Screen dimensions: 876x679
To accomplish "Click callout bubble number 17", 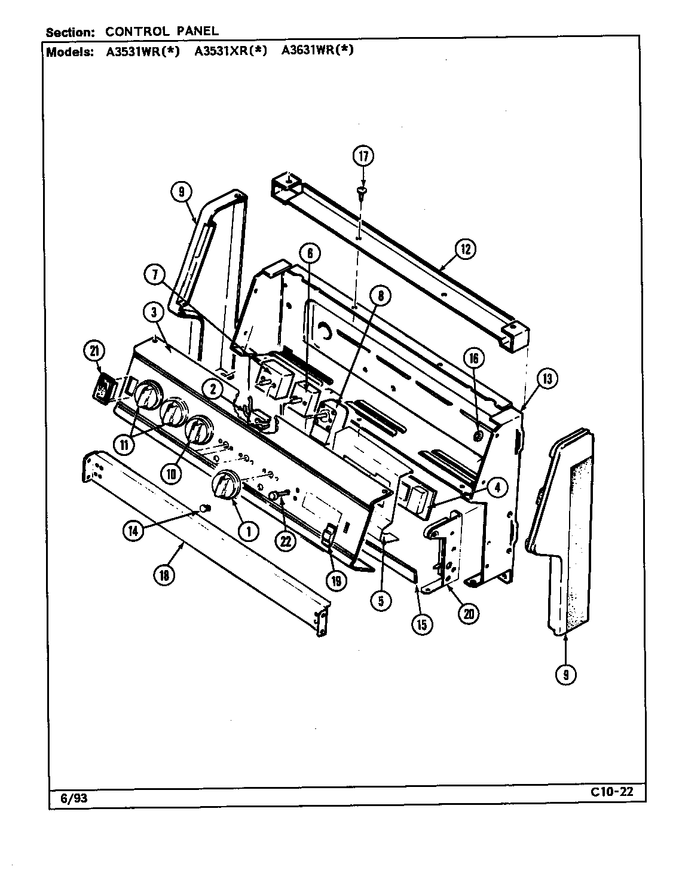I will click(363, 156).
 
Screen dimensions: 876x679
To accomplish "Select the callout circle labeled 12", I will click(464, 249).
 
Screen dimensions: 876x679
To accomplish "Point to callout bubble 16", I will click(473, 359).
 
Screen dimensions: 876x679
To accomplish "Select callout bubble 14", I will click(134, 531).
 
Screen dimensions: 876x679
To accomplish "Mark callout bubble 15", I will click(421, 624).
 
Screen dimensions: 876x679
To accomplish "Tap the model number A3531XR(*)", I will click(230, 51).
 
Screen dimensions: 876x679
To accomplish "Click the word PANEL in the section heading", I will click(195, 30).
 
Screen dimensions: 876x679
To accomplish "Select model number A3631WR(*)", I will click(317, 51).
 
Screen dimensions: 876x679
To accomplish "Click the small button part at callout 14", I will click(205, 507).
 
